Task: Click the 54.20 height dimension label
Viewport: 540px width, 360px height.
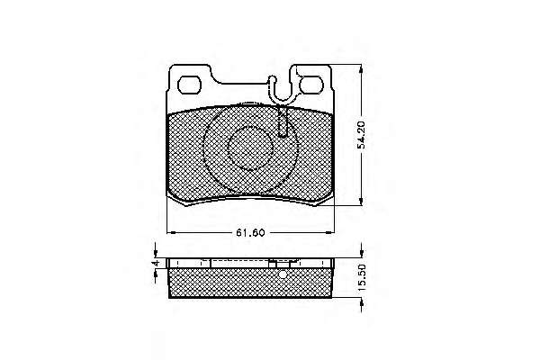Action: pos(361,135)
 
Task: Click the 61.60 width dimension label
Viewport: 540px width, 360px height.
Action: pos(250,233)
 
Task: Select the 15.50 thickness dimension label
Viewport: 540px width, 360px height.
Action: pos(361,278)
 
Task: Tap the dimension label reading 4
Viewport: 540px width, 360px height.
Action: pos(156,263)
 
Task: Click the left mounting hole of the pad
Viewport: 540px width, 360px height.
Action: pos(189,85)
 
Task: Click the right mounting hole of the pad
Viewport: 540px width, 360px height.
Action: pos(311,85)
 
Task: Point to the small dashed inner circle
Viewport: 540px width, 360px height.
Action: pos(250,148)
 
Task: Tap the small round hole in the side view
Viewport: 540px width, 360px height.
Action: pos(283,274)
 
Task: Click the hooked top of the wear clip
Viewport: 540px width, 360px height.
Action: pos(272,81)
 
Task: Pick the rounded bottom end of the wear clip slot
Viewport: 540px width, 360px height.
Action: pos(283,134)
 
